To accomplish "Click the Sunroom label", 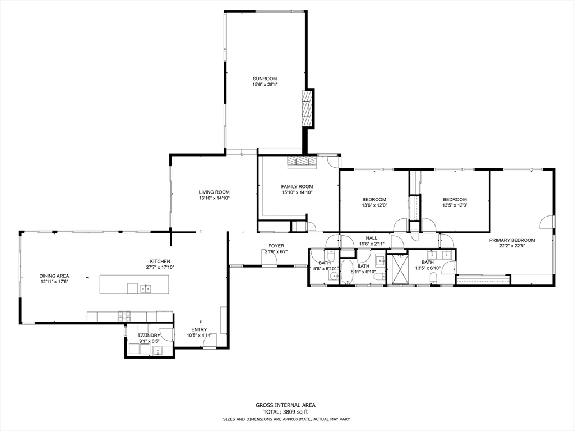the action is pos(265,79).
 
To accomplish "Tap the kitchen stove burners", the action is pos(124,315).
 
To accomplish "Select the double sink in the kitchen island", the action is pos(145,288).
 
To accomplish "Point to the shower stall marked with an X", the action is pos(398,269).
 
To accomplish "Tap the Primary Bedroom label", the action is pos(512,240).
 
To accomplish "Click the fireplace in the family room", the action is pos(301,162).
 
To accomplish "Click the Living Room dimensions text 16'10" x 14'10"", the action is pos(214,198).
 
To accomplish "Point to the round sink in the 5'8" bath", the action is pos(333,276).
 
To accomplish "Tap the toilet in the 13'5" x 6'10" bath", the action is pos(433,280).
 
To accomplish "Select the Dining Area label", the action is pos(54,276).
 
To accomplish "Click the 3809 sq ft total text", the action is pos(293,412).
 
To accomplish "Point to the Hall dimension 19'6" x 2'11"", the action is pos(371,244).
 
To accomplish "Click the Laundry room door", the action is pos(166,335).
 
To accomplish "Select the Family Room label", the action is pos(297,186).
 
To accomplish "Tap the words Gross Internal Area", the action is pos(285,405).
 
